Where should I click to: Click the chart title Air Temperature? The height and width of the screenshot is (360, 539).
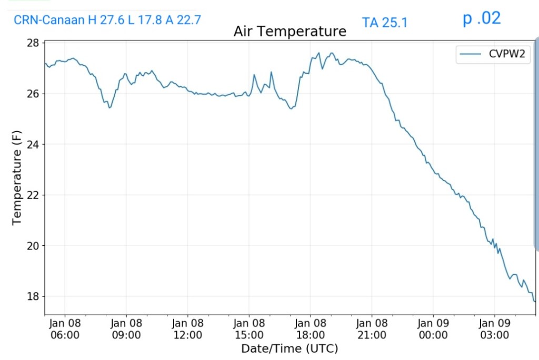click(x=290, y=32)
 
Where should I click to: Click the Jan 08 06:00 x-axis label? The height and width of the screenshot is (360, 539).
click(x=65, y=329)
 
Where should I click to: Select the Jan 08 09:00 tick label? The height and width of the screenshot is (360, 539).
click(x=126, y=329)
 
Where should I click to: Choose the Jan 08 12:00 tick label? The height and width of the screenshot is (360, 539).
click(x=187, y=329)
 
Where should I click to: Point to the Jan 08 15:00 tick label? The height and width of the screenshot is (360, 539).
click(x=249, y=329)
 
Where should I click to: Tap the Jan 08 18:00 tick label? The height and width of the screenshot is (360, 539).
click(x=311, y=329)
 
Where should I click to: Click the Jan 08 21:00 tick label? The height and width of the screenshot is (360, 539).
click(x=372, y=329)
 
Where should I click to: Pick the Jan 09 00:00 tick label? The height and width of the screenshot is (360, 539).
click(x=433, y=329)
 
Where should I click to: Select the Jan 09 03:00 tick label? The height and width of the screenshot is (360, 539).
click(x=495, y=329)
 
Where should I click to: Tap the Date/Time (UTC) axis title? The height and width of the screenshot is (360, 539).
click(x=290, y=348)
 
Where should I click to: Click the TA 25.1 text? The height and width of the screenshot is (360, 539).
click(x=385, y=23)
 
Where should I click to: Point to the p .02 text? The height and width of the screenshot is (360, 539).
click(x=482, y=18)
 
